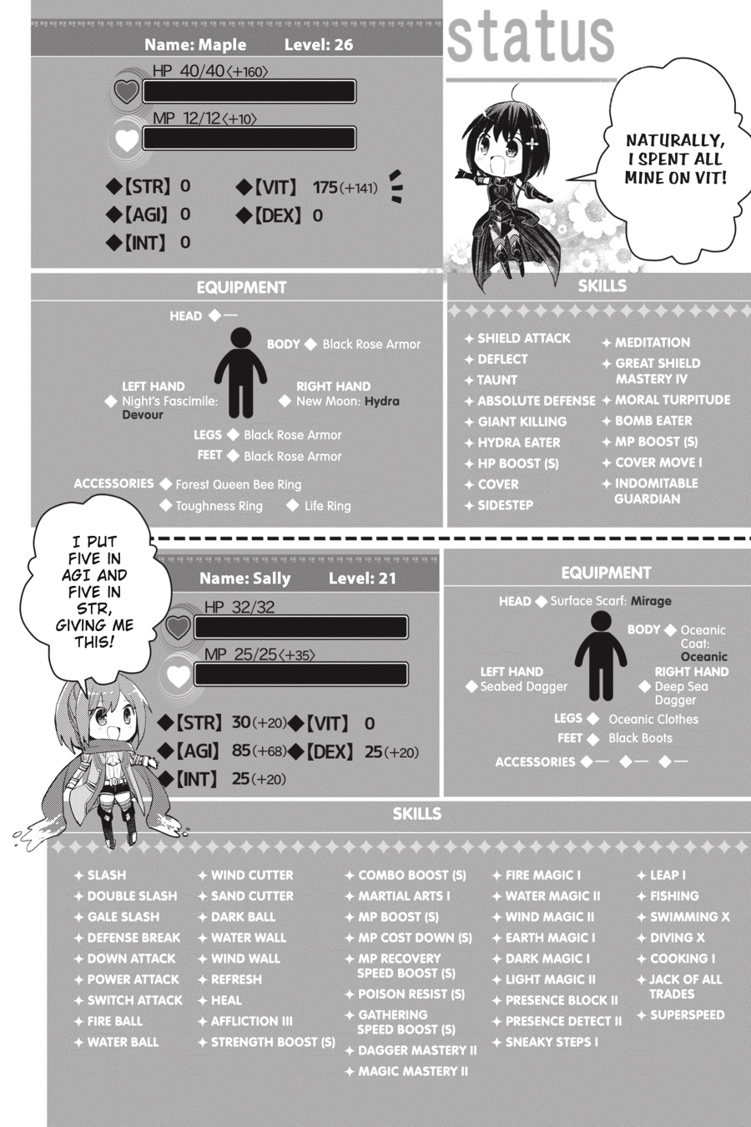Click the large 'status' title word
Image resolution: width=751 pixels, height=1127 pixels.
[x=531, y=38]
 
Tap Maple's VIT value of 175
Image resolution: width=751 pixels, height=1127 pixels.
[x=325, y=188]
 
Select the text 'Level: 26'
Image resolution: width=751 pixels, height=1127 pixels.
[x=318, y=45]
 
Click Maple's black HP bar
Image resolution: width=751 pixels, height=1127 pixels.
[x=249, y=91]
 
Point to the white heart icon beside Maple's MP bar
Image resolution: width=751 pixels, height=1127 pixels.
[x=127, y=139]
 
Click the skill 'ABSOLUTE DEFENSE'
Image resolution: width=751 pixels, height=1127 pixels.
[x=536, y=401]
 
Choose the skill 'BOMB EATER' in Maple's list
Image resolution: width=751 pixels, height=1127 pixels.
[x=653, y=421]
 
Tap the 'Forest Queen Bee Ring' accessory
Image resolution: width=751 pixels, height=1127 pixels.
[x=238, y=484]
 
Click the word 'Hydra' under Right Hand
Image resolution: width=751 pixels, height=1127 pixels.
[x=381, y=402]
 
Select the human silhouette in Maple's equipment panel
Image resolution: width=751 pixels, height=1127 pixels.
[x=240, y=372]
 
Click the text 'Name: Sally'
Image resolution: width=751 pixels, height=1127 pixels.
[x=244, y=578]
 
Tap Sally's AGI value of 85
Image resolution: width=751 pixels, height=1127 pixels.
[x=241, y=750]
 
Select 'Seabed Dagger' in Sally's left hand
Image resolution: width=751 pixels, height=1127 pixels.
[x=523, y=686]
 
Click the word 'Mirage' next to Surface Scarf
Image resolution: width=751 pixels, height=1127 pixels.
[x=651, y=601]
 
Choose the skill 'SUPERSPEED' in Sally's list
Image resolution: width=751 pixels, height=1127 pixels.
[x=687, y=1014]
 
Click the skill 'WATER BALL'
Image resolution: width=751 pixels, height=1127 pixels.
[x=123, y=1042]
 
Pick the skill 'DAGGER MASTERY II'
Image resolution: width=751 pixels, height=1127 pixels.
[x=417, y=1050]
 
